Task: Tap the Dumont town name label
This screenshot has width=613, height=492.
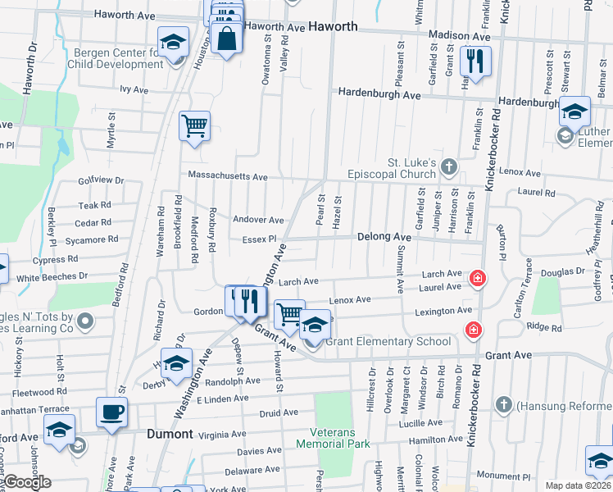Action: point(170,434)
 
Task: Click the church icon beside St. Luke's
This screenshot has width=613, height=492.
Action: point(447,168)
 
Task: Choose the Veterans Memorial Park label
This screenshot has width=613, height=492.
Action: point(340,438)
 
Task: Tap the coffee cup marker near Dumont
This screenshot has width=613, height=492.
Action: point(112,413)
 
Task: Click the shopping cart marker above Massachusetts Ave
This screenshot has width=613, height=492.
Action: point(195,127)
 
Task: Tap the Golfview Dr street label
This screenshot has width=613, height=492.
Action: point(100,180)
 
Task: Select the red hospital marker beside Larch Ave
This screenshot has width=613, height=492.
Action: point(476,280)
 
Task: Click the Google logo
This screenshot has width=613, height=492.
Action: point(26,483)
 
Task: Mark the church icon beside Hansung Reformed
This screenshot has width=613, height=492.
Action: point(502,405)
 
